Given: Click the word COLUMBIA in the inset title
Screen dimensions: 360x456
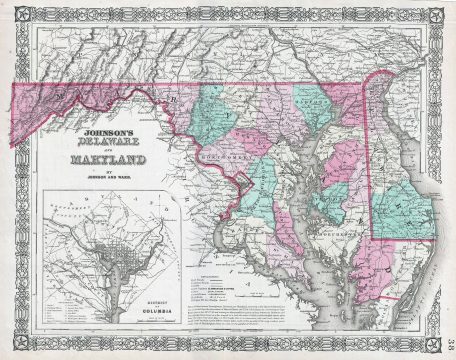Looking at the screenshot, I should (x=161, y=312).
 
